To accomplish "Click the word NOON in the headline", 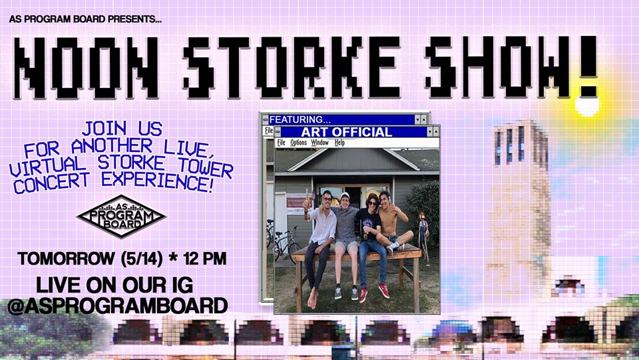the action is tap(86, 68).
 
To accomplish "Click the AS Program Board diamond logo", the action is tap(121, 216).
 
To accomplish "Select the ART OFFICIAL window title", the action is tap(346, 132).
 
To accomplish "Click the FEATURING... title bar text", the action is tap(300, 119).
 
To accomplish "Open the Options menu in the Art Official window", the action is tap(298, 143).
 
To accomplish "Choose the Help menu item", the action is tap(339, 143).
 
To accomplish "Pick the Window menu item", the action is tap(319, 143).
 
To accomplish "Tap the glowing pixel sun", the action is tap(587, 105).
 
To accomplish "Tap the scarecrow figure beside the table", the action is tap(423, 235).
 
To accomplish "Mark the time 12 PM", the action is tap(205, 259).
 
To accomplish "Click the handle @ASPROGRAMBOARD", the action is tap(117, 306).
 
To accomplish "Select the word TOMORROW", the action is tap(66, 259).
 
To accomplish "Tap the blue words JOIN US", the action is tap(122, 129).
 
